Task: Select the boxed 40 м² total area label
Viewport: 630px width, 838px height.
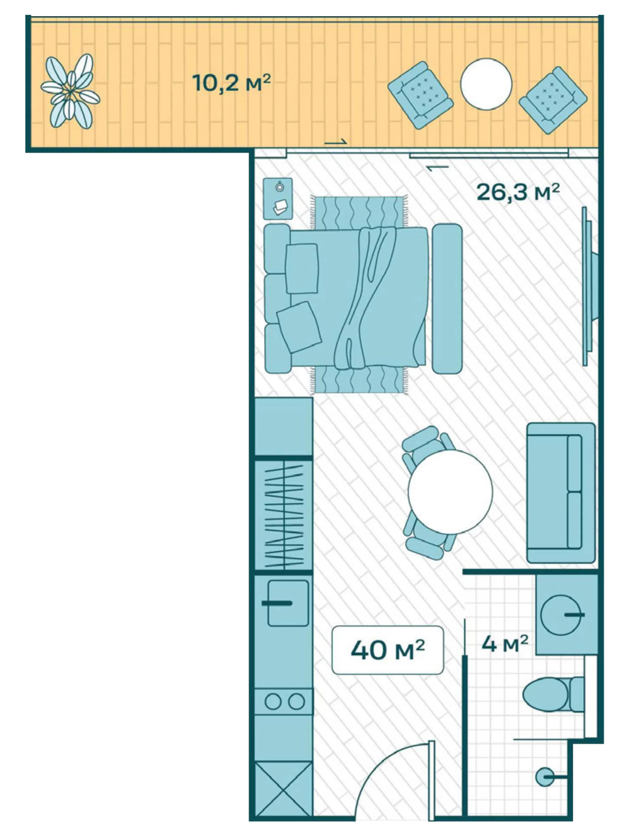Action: point(387,650)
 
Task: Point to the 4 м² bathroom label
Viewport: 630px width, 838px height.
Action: point(504,644)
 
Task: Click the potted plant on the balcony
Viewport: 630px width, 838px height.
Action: point(71,91)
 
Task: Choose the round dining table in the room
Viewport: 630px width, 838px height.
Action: point(450,492)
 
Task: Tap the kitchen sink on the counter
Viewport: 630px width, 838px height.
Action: point(288,603)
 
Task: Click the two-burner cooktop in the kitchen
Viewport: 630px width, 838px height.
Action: point(284,702)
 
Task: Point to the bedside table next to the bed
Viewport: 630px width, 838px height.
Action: point(278,199)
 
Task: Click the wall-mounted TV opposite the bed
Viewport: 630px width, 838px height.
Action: point(590,286)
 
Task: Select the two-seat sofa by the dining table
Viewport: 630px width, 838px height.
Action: point(561,493)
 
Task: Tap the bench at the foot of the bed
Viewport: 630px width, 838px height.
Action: point(447,299)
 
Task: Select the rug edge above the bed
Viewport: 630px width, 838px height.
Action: point(360,212)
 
